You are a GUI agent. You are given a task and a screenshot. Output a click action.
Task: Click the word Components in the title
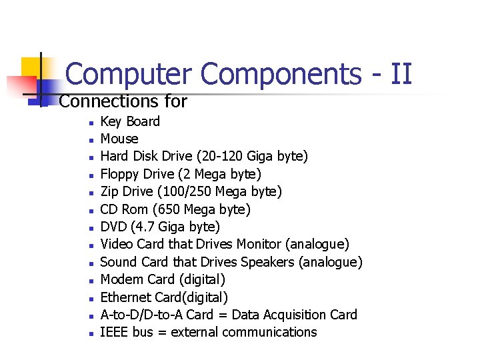pos(280,74)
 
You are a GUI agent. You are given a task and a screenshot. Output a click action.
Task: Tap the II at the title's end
pos(401,73)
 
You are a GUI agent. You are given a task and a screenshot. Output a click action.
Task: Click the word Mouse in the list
pos(119,139)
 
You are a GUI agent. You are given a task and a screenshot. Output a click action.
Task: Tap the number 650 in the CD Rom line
pos(174,209)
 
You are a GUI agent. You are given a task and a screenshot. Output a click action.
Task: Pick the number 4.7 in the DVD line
pos(145,227)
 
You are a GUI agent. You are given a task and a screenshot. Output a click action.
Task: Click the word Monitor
pos(256,245)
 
